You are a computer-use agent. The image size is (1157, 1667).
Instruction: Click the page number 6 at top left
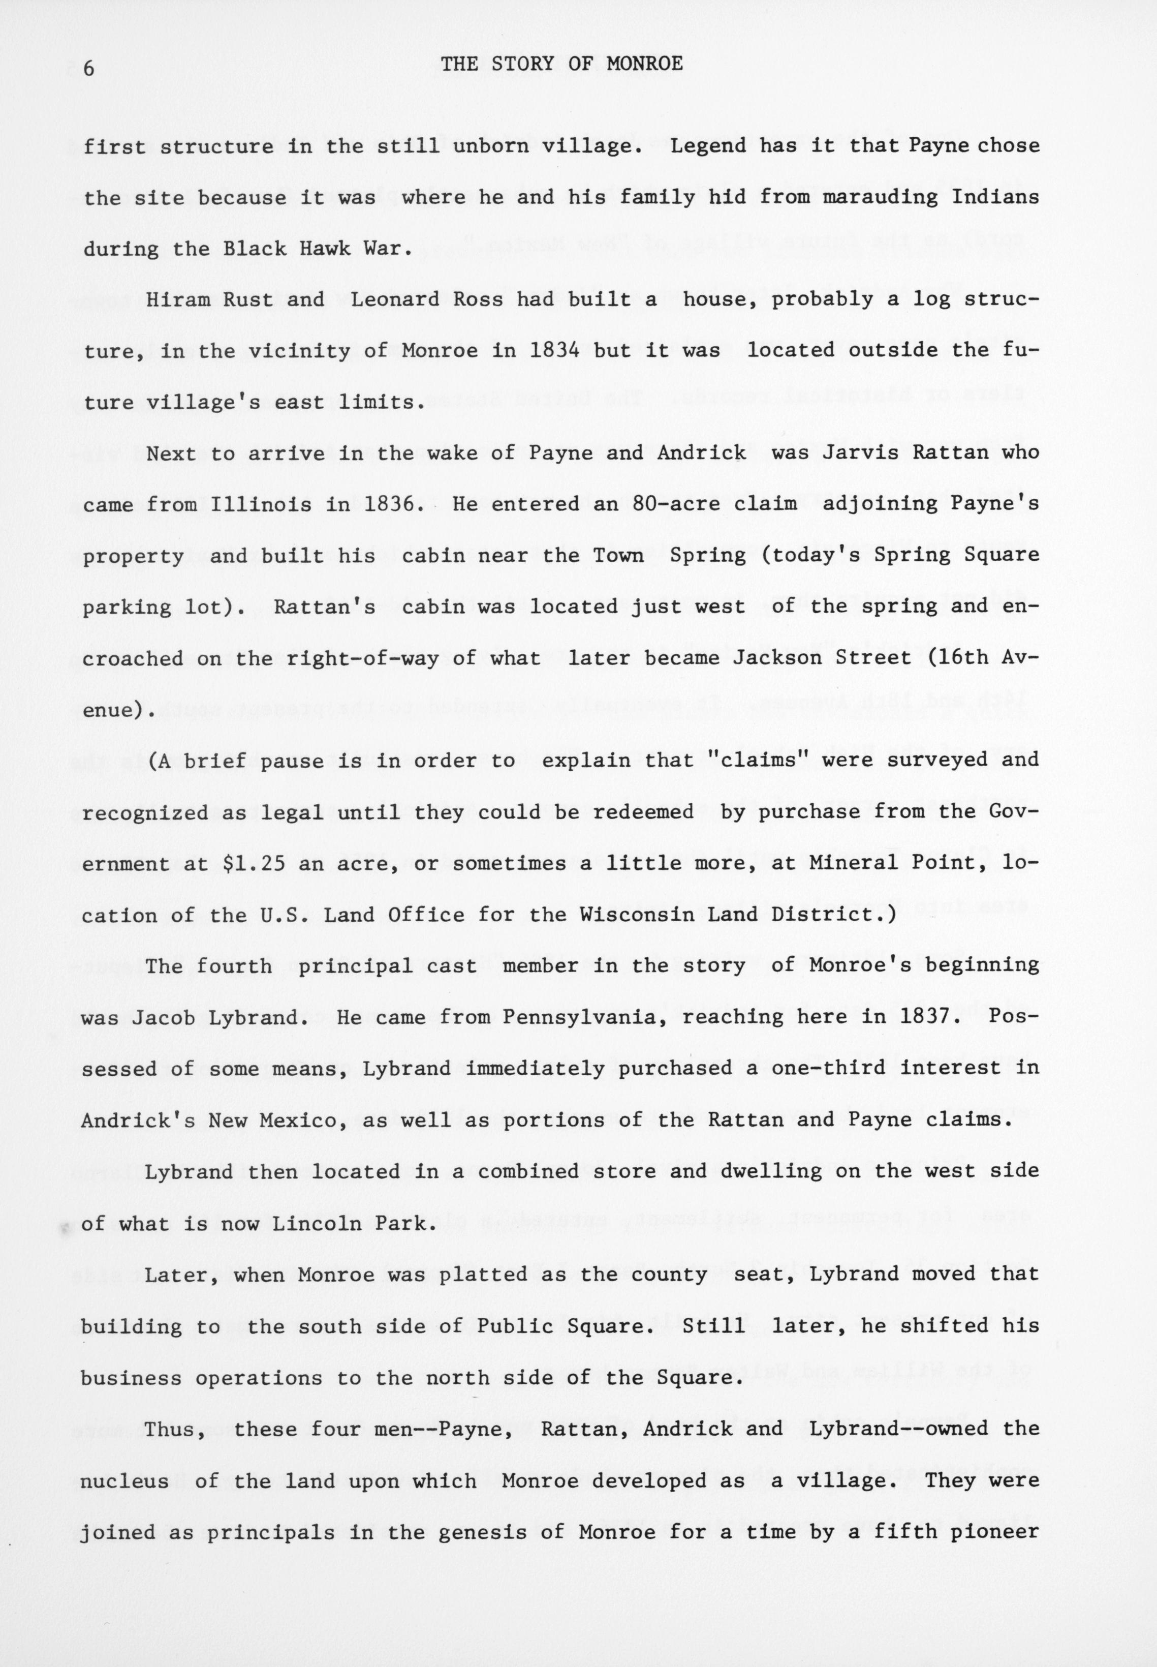pyautogui.click(x=89, y=69)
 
